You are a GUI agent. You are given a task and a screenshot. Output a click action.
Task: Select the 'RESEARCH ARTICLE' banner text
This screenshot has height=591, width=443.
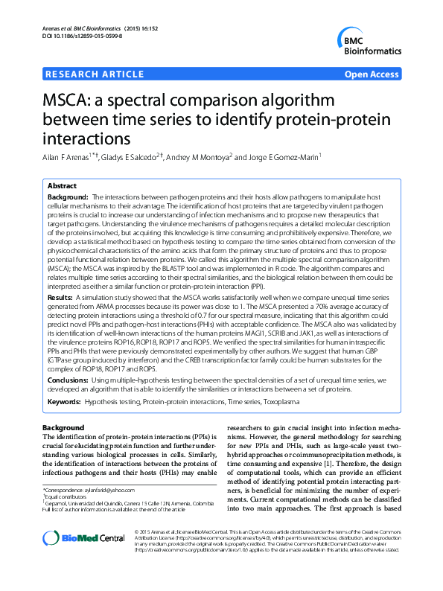pos(95,74)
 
